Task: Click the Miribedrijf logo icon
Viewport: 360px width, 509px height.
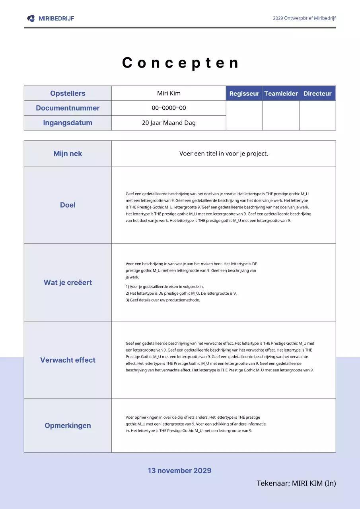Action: tap(31, 18)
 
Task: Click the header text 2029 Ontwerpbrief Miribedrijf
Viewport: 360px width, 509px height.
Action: tap(304, 18)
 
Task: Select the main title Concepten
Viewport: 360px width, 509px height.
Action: tap(180, 63)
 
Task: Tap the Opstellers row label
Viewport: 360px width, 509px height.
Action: tap(68, 93)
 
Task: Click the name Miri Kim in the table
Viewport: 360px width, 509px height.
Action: tap(169, 93)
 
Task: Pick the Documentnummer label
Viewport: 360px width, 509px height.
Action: tap(68, 108)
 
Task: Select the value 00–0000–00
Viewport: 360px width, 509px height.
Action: tap(169, 108)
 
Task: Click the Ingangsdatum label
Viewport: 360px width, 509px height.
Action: tap(68, 123)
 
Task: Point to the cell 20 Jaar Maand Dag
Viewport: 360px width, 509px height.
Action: tap(169, 123)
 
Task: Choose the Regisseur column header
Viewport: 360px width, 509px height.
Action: tap(244, 93)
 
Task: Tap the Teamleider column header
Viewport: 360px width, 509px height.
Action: tap(281, 93)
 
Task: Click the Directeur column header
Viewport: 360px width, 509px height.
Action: tap(317, 93)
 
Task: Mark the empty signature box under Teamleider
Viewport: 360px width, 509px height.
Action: tap(281, 115)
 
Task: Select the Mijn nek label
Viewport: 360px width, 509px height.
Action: tap(68, 153)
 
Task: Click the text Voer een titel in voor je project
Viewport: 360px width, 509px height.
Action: tap(224, 153)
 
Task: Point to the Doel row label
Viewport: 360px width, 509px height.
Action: tap(68, 205)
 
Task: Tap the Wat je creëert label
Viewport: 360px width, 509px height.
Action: tap(68, 283)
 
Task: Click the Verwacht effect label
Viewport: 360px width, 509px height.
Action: tap(68, 360)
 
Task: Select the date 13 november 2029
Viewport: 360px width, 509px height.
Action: tap(179, 471)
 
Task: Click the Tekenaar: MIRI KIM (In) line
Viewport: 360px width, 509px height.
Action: tap(296, 484)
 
